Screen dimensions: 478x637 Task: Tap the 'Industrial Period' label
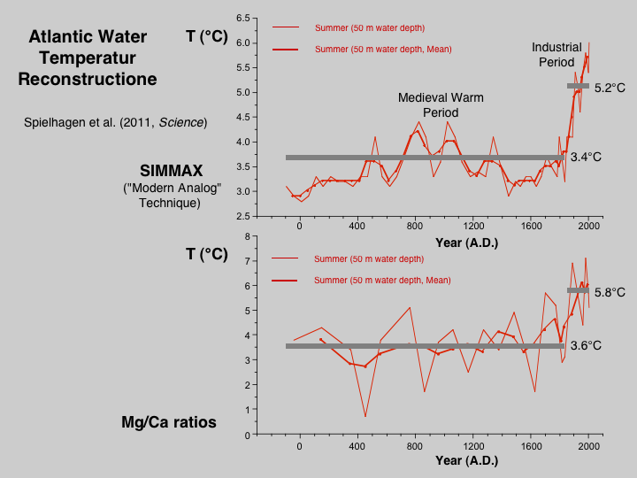click(556, 54)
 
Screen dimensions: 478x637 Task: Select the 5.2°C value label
click(610, 89)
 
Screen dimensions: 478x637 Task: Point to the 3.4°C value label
click(586, 157)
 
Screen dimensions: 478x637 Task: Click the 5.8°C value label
click(610, 292)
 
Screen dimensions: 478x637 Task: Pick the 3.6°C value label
click(586, 345)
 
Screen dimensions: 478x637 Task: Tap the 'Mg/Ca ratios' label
click(169, 422)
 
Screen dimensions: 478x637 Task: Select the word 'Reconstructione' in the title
click(88, 79)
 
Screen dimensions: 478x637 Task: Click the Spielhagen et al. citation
click(114, 121)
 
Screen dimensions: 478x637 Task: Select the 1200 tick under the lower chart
click(473, 447)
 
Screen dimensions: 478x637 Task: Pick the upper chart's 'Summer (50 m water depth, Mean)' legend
click(383, 50)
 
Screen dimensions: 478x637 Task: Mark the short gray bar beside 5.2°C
click(578, 86)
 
